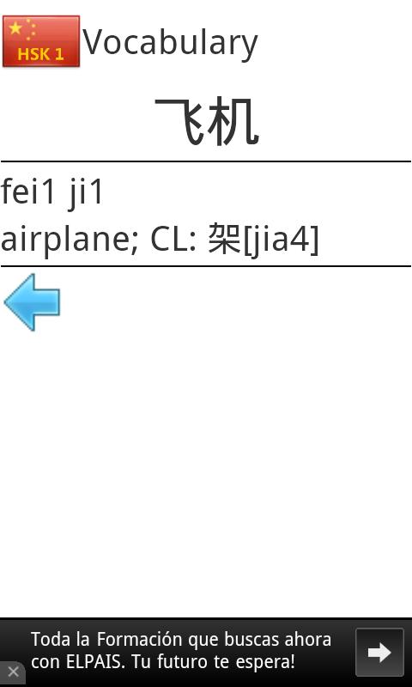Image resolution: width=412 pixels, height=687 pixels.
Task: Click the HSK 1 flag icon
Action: click(x=41, y=41)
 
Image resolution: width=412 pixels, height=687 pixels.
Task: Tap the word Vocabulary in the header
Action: click(x=170, y=43)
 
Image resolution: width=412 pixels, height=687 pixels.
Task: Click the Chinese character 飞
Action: click(x=179, y=121)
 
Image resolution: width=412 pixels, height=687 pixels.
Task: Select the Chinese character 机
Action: click(x=233, y=121)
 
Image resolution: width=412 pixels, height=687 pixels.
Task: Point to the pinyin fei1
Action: click(x=28, y=192)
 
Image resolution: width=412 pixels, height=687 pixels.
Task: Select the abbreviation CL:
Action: click(x=173, y=240)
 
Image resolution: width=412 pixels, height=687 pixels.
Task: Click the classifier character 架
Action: click(x=224, y=239)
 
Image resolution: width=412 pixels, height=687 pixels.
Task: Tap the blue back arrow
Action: click(x=32, y=302)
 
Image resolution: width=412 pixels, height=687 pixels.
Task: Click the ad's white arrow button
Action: click(x=379, y=653)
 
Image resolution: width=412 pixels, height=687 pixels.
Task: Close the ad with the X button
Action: click(x=13, y=672)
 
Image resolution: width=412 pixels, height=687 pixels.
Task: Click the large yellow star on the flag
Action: click(x=15, y=28)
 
